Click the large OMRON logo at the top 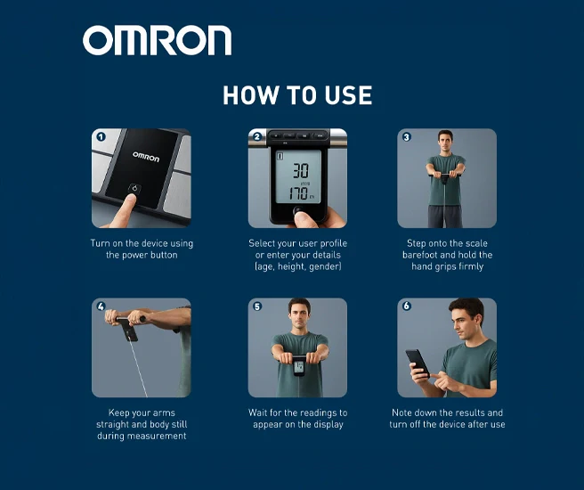[x=157, y=40]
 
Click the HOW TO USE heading [x=297, y=95]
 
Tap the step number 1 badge [x=101, y=136]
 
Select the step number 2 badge [x=257, y=136]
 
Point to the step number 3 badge [x=406, y=136]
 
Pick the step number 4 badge [x=101, y=306]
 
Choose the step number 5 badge [x=257, y=306]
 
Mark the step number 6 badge [x=406, y=306]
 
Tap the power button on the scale [x=134, y=188]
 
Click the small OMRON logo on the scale [x=146, y=157]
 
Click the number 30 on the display [x=300, y=171]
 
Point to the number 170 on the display [x=297, y=193]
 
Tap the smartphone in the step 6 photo [x=418, y=363]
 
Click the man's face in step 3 [x=445, y=142]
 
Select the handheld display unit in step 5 [x=298, y=366]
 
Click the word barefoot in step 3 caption [x=420, y=255]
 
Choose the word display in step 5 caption [x=328, y=425]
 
